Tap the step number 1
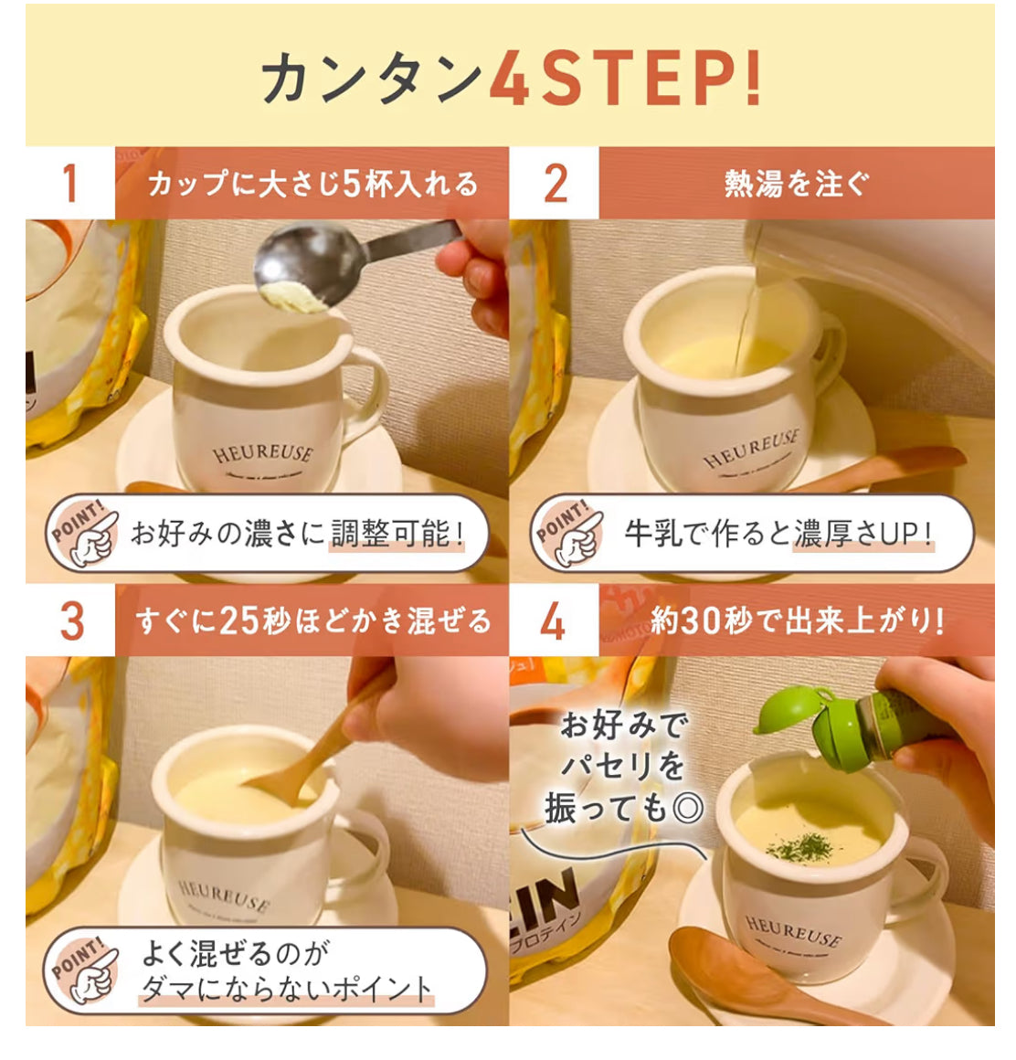click(69, 183)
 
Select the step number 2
click(555, 183)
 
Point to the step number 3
click(71, 621)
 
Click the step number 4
click(553, 621)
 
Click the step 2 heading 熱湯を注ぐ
click(795, 184)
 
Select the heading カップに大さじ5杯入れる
click(312, 184)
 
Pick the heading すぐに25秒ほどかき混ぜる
click(313, 621)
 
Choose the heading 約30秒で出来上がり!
click(797, 621)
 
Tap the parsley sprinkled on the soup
click(793, 847)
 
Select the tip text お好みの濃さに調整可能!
click(298, 534)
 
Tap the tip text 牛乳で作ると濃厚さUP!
click(778, 534)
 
